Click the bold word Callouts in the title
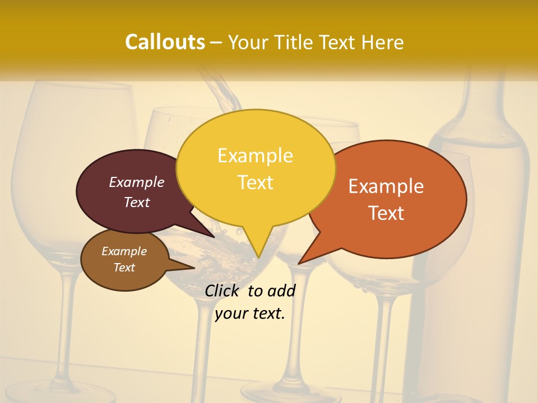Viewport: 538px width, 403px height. click(165, 42)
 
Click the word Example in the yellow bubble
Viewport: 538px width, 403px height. click(255, 156)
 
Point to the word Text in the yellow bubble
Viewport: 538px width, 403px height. click(255, 182)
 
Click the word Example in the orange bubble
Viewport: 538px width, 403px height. click(386, 186)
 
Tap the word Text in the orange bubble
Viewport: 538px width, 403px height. click(386, 213)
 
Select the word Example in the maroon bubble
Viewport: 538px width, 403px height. click(137, 182)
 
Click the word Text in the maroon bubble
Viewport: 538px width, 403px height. click(137, 202)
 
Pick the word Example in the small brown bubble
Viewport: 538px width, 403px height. click(124, 251)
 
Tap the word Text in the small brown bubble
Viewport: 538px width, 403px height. click(124, 268)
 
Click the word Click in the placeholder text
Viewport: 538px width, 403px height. click(223, 290)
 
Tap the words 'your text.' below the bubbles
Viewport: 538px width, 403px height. click(250, 313)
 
